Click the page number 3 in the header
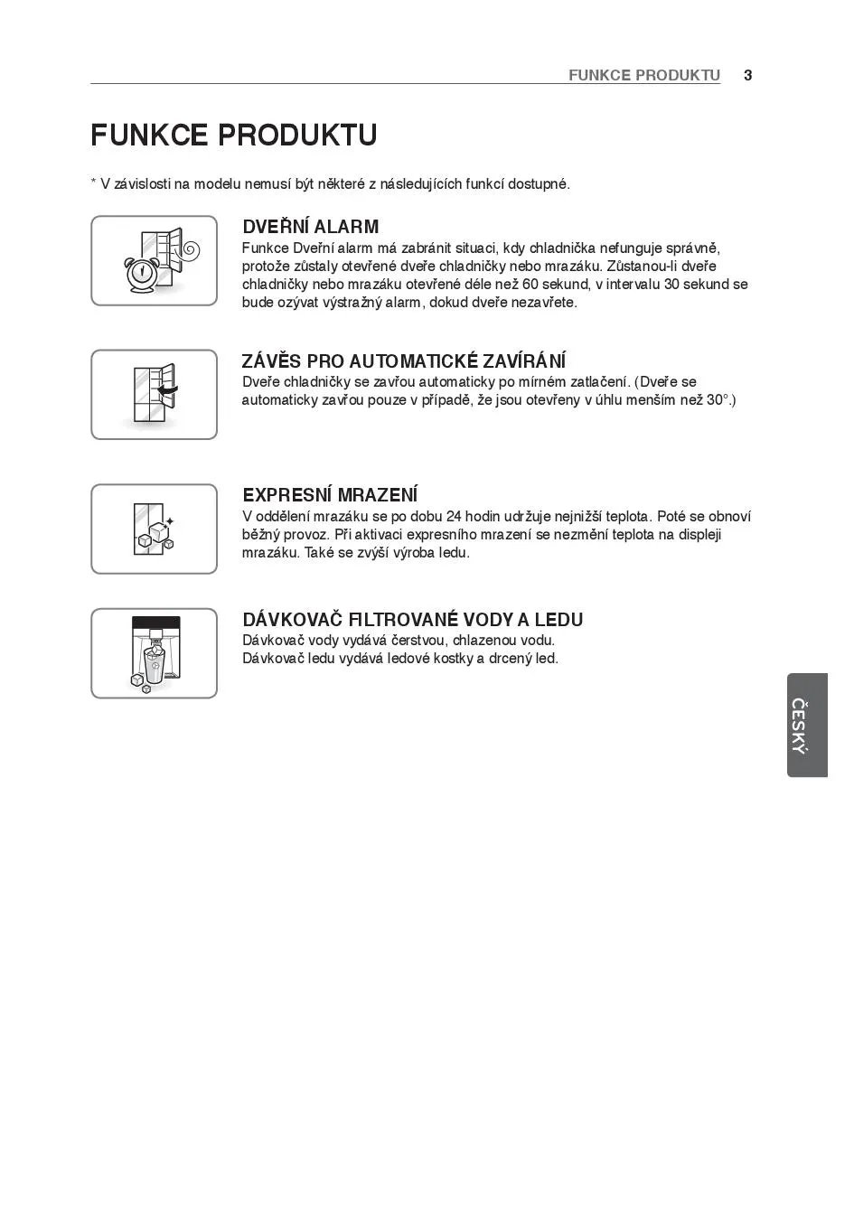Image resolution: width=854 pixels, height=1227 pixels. (x=747, y=75)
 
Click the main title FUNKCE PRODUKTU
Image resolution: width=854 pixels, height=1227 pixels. (x=234, y=136)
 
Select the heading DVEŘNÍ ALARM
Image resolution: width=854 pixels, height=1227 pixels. (x=310, y=227)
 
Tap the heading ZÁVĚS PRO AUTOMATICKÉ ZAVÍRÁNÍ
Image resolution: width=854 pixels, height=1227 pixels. (x=404, y=361)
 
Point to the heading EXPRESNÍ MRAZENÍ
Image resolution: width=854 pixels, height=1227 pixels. (x=330, y=495)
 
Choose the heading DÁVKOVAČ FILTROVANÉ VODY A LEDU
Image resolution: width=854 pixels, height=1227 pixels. (x=412, y=620)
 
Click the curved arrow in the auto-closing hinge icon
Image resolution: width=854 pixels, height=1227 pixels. (x=168, y=391)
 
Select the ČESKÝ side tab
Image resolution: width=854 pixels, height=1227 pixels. (x=806, y=725)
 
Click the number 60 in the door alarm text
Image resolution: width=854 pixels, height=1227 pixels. (x=530, y=285)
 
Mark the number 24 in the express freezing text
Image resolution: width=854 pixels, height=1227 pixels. (x=454, y=517)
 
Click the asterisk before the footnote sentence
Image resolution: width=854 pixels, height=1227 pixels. (x=93, y=183)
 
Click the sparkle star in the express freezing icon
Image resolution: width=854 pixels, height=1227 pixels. (x=169, y=521)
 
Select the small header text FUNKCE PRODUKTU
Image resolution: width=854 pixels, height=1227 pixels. (x=643, y=75)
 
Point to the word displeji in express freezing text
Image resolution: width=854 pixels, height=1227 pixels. (x=698, y=535)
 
